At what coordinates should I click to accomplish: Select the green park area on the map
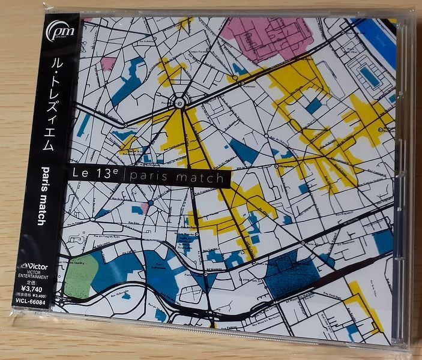tap(80, 275)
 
